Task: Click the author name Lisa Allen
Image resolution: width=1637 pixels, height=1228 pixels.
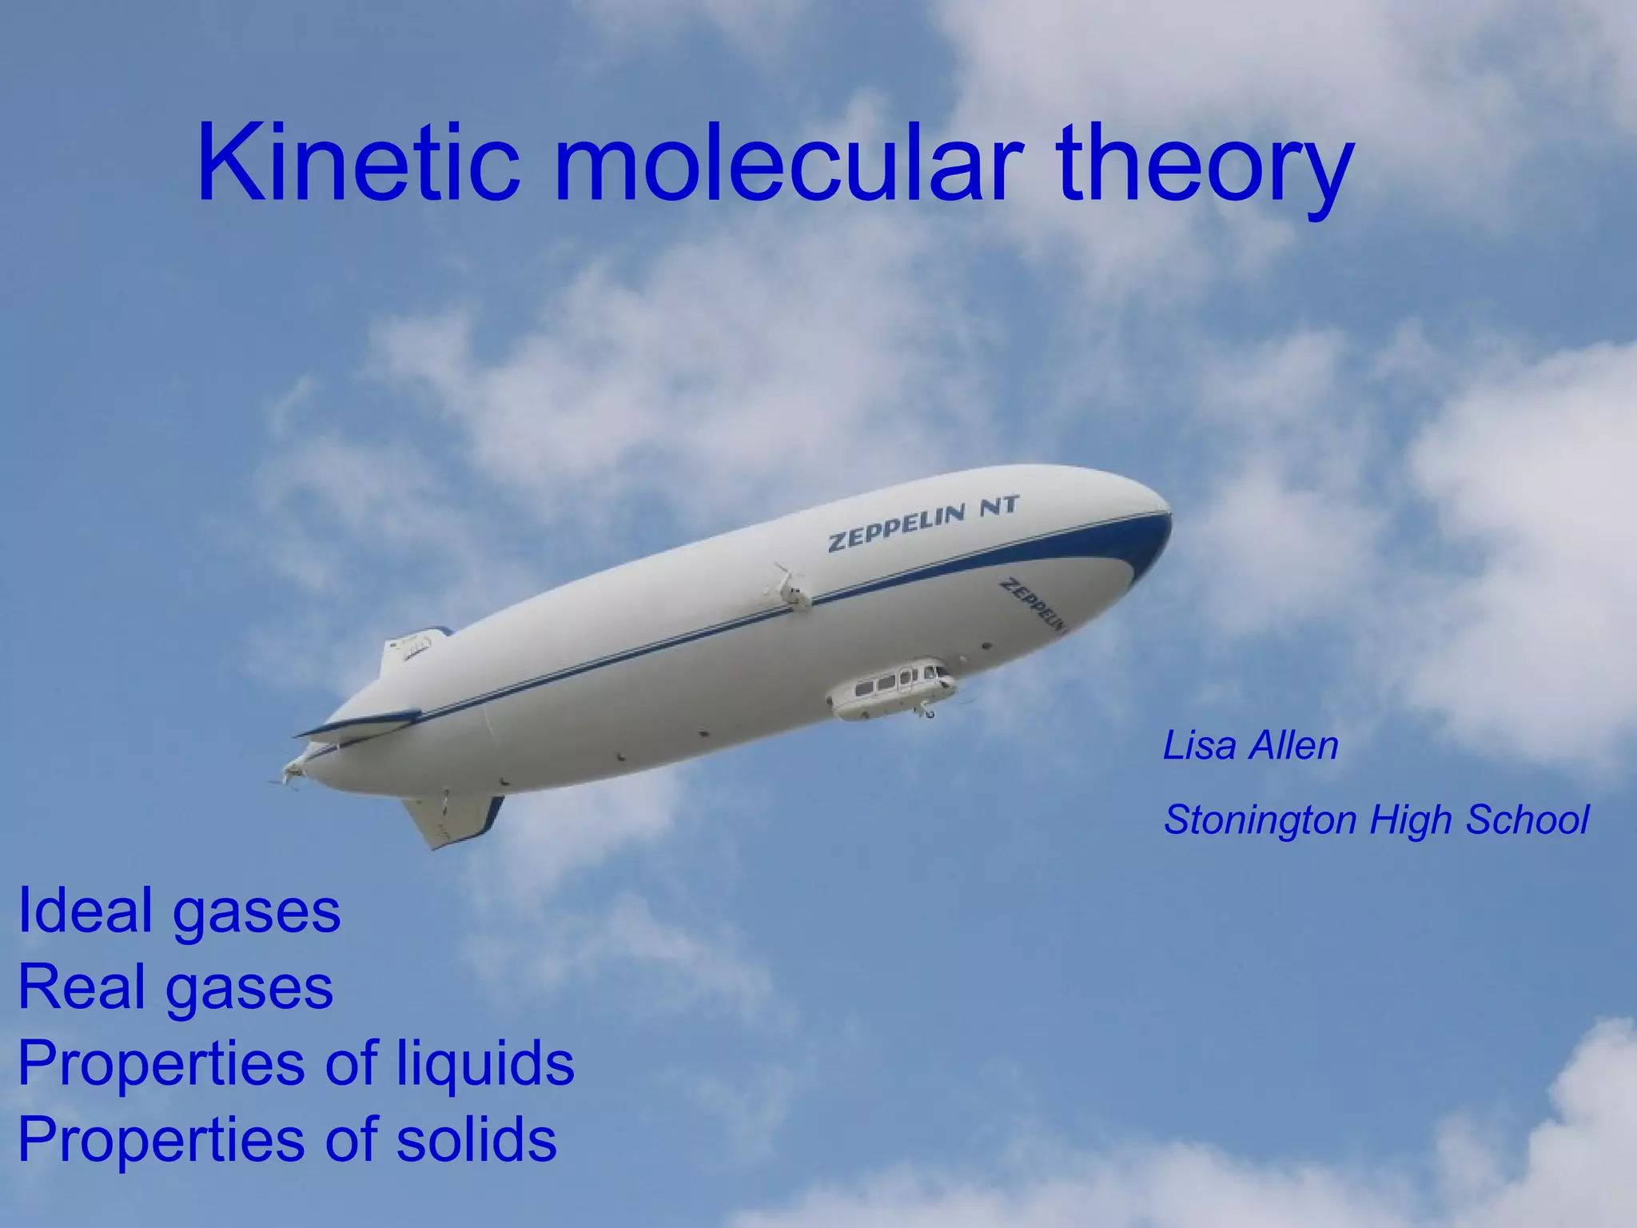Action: click(x=1250, y=746)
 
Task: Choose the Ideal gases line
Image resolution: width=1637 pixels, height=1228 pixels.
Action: click(x=179, y=911)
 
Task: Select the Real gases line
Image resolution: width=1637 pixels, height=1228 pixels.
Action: click(x=175, y=987)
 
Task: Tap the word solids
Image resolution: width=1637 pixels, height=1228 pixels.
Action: click(x=476, y=1139)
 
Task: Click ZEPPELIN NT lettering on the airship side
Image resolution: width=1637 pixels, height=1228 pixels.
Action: click(x=923, y=524)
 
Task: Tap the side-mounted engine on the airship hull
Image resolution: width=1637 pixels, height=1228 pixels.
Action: click(x=787, y=588)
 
